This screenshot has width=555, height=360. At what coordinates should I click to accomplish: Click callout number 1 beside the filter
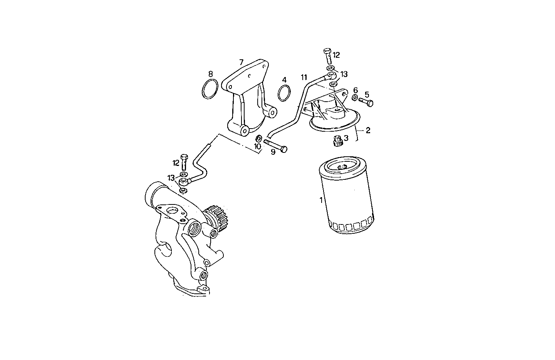point(320,200)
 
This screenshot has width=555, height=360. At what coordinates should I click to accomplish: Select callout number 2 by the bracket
point(368,131)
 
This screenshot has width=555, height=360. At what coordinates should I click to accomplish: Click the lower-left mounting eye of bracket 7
point(244,131)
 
